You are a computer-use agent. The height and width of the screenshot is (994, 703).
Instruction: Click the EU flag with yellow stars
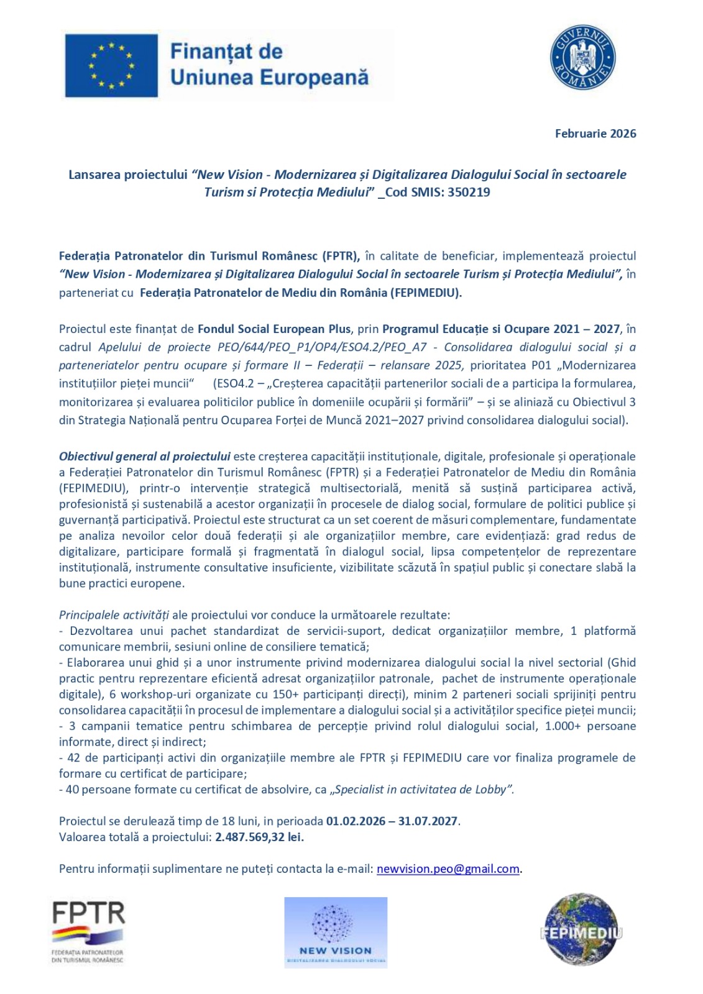coord(111,65)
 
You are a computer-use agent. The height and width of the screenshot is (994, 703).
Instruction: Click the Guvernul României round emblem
coord(582,58)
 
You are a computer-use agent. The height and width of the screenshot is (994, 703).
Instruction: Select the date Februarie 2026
coord(595,134)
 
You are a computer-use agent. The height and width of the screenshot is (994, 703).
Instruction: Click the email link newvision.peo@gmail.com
coord(448,869)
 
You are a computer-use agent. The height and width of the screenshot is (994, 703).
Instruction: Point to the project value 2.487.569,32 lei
coord(259,837)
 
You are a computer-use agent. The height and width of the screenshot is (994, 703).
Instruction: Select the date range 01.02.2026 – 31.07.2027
coord(392,821)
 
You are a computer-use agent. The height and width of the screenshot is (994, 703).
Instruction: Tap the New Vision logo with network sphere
coord(336,932)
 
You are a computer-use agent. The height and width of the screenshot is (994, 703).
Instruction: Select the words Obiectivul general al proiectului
coord(144,456)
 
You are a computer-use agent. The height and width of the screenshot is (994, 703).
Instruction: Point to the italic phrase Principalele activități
coord(114,615)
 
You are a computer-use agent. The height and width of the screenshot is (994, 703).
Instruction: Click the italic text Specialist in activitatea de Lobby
coord(422,789)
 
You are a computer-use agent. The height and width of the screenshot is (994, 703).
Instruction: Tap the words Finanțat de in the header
coord(226,51)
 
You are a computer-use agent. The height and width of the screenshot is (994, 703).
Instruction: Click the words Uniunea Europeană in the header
coord(269,77)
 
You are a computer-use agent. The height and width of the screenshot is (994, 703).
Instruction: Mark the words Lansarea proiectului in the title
coord(127,175)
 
